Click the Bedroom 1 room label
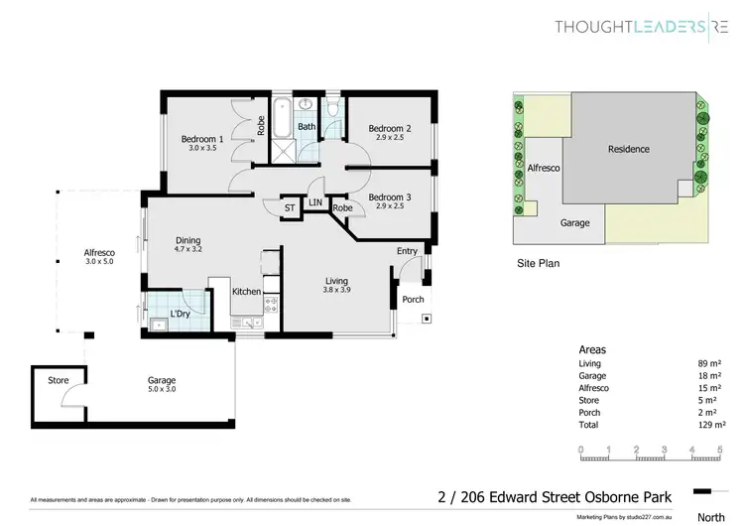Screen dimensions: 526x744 click(201, 140)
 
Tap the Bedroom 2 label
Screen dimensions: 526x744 click(390, 129)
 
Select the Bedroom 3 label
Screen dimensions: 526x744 click(390, 197)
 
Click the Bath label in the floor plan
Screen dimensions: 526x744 click(307, 127)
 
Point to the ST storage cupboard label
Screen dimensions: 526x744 click(290, 207)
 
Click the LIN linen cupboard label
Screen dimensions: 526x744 click(315, 202)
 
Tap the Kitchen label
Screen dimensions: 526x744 click(246, 292)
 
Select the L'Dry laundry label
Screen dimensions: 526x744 click(180, 315)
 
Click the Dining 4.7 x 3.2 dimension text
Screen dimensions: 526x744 click(188, 250)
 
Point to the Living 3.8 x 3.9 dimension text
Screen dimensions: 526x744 click(336, 291)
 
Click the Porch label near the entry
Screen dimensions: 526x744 click(413, 299)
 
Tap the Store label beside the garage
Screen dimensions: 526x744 click(59, 380)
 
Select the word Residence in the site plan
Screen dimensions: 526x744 click(629, 149)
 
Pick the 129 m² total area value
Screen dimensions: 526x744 click(708, 425)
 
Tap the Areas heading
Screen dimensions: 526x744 click(592, 350)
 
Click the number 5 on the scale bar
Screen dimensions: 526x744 click(718, 450)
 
